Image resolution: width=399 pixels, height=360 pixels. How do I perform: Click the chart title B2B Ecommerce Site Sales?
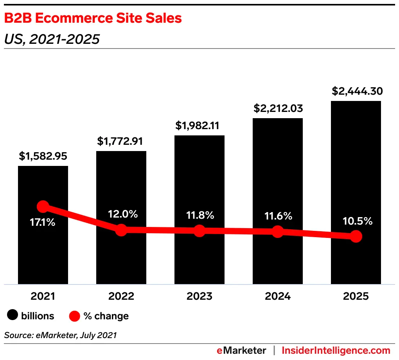pos(93,18)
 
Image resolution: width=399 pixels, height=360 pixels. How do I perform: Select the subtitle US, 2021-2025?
pos(52,39)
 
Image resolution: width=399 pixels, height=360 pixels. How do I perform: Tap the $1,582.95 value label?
pos(43,157)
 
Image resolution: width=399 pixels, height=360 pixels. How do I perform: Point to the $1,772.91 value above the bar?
pos(121,141)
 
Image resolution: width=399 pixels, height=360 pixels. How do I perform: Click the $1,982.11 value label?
pos(199,126)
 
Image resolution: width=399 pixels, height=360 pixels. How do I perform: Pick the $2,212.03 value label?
pos(278,108)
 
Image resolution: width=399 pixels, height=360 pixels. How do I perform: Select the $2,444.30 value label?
pos(356,91)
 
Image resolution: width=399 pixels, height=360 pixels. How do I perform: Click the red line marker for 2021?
pos(43,207)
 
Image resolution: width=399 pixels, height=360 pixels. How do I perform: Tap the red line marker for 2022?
pos(121,230)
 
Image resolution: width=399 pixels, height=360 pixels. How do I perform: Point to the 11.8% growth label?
pos(199,215)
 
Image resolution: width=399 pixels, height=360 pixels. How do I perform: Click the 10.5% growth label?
pos(356,221)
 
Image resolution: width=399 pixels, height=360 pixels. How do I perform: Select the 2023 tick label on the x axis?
pos(199,296)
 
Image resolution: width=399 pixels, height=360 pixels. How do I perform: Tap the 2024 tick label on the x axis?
pos(278,296)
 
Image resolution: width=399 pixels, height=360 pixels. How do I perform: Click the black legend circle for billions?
pos(13,316)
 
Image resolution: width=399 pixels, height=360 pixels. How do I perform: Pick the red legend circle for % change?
pos(75,316)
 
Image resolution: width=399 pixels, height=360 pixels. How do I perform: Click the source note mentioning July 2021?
pos(61,335)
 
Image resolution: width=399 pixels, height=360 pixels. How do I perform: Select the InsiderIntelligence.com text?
pos(336,350)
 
